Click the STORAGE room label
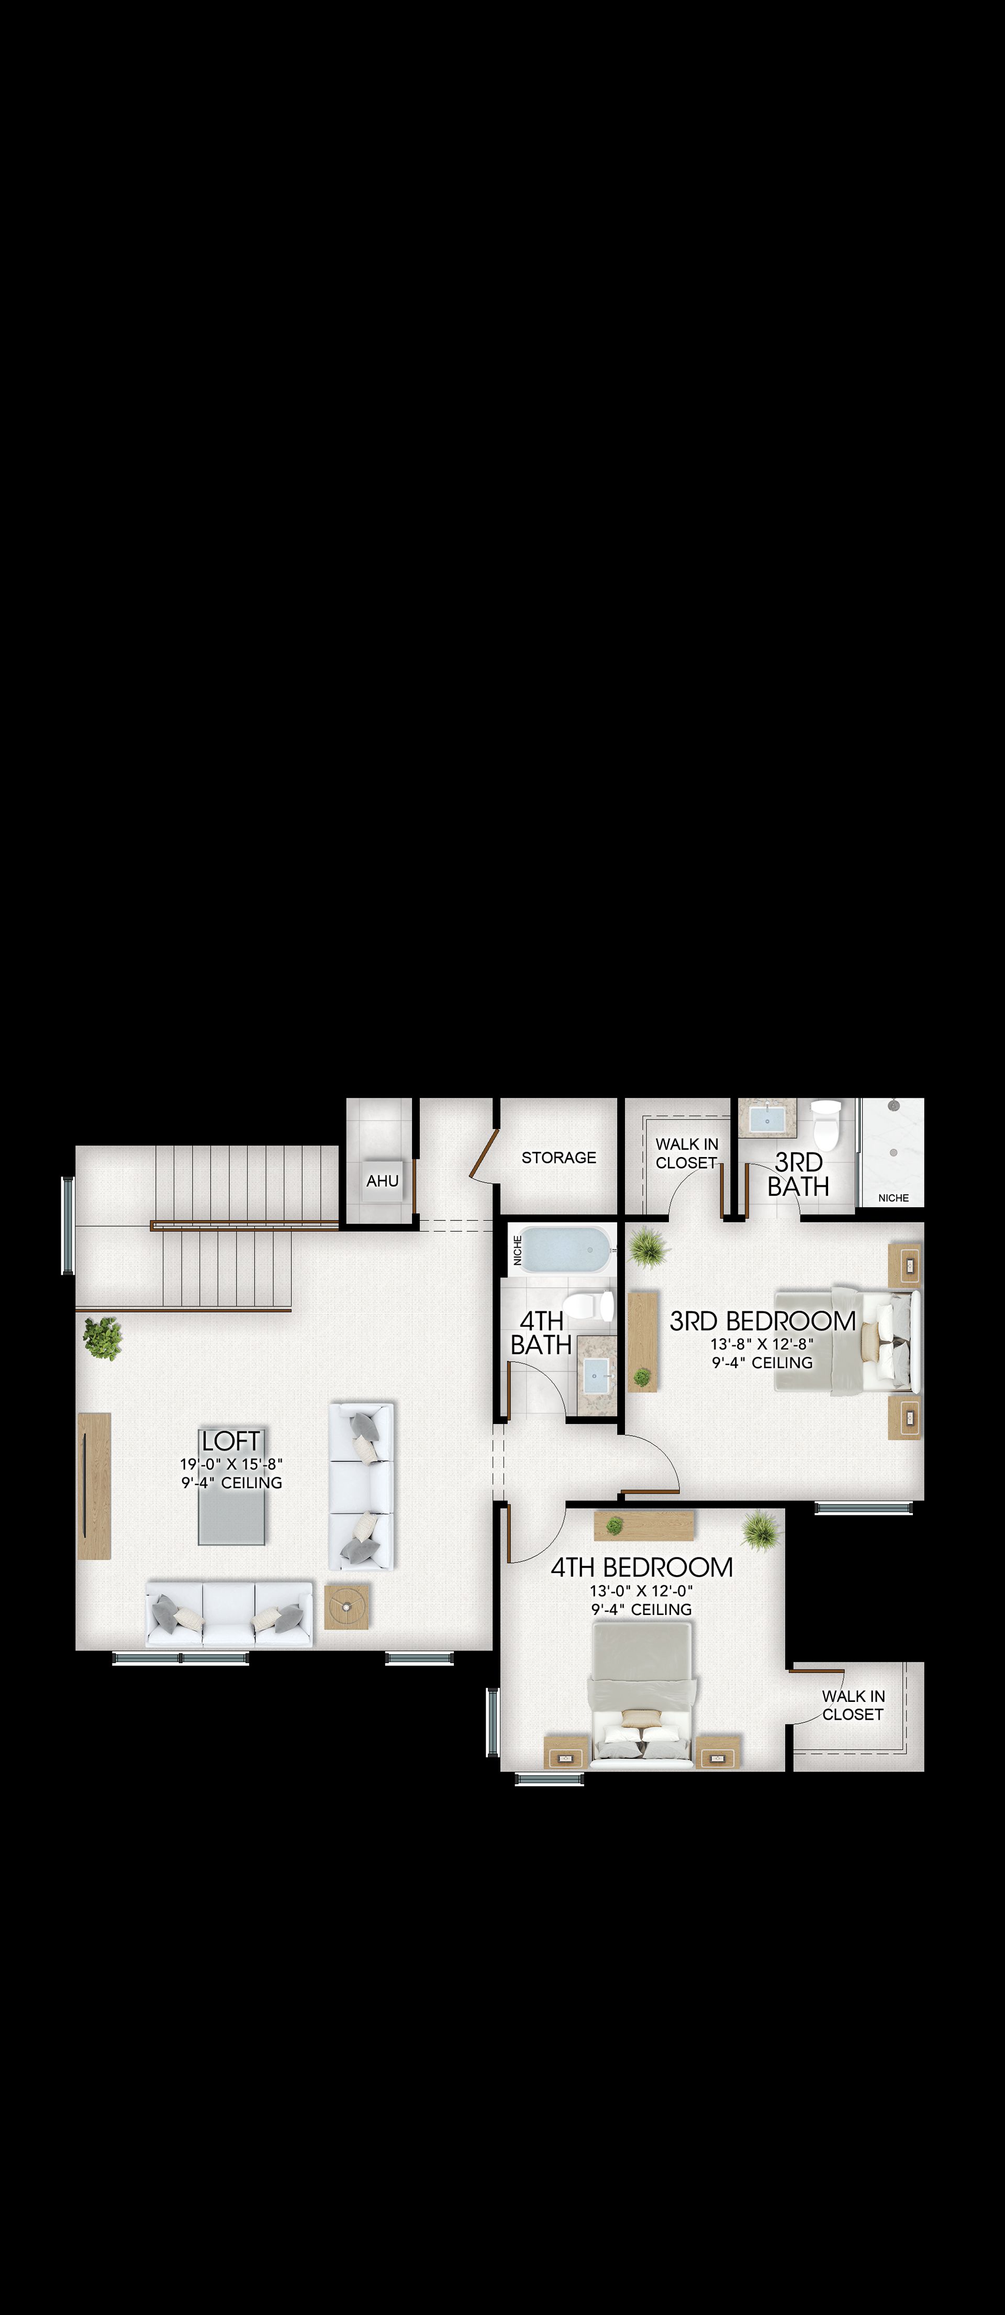tap(559, 1157)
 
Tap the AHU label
tap(383, 1181)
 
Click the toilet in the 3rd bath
tap(825, 1125)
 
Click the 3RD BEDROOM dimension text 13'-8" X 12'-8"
tap(762, 1345)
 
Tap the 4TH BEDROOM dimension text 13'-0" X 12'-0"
tap(641, 1591)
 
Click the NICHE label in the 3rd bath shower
tap(894, 1198)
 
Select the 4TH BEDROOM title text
tap(641, 1567)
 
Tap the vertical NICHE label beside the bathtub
tap(517, 1250)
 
